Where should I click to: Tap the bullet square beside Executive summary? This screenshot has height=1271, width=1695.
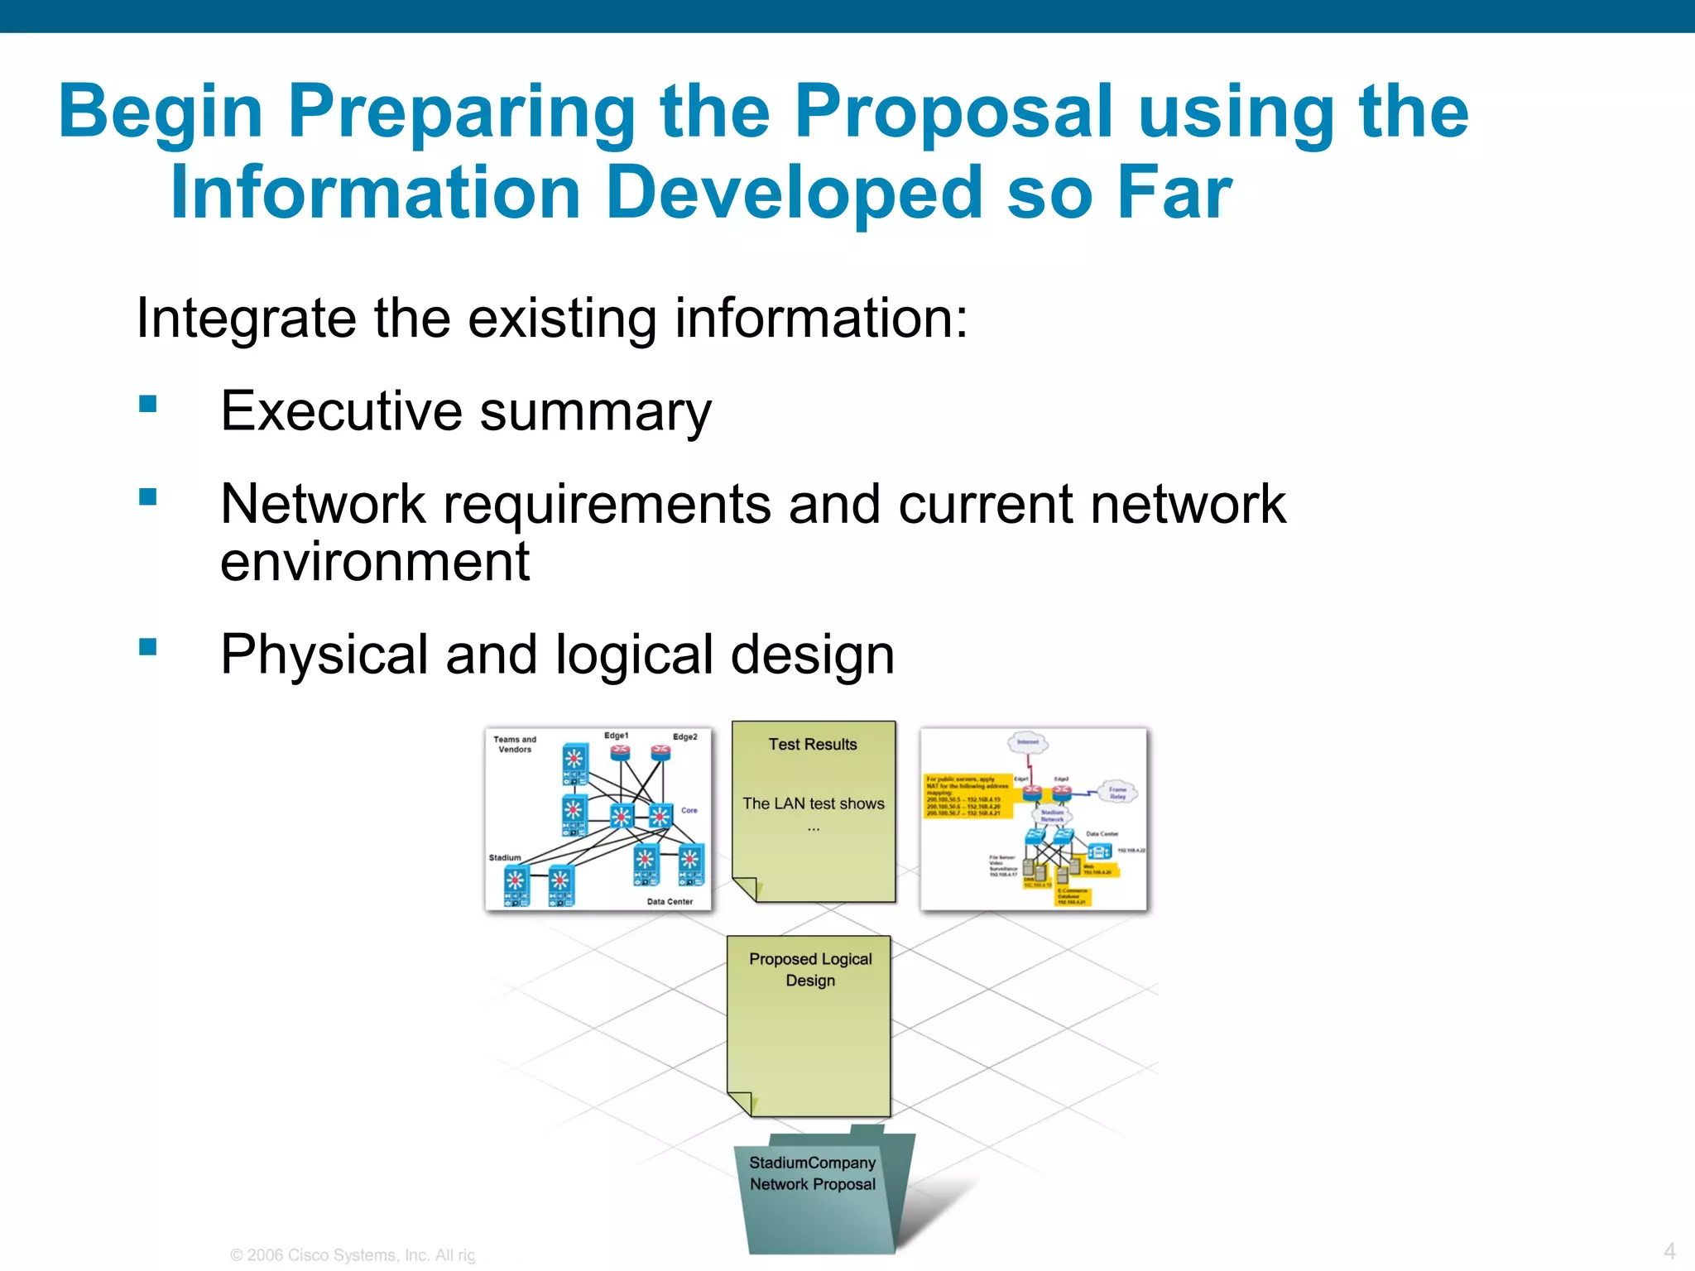click(x=148, y=404)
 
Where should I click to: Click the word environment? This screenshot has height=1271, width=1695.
click(x=374, y=563)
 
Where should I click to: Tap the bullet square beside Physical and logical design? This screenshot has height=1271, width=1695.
click(x=148, y=646)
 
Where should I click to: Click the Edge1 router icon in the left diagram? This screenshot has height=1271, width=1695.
click(x=620, y=752)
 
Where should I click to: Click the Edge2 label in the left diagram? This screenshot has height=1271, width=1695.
click(x=684, y=736)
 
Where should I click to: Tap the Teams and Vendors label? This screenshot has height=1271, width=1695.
click(x=515, y=744)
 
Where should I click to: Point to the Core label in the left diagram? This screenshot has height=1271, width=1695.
click(x=689, y=810)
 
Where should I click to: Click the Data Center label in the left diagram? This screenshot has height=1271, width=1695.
click(x=670, y=901)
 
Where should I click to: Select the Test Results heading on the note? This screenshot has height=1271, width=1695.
click(x=813, y=744)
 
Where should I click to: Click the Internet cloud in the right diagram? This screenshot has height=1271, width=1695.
click(x=1028, y=741)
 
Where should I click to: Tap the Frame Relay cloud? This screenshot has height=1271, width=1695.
click(x=1117, y=792)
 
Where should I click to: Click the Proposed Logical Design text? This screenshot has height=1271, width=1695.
click(x=810, y=969)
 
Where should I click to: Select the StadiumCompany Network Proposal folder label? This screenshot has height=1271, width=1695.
click(x=812, y=1173)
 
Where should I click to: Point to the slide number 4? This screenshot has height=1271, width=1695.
click(x=1669, y=1250)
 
